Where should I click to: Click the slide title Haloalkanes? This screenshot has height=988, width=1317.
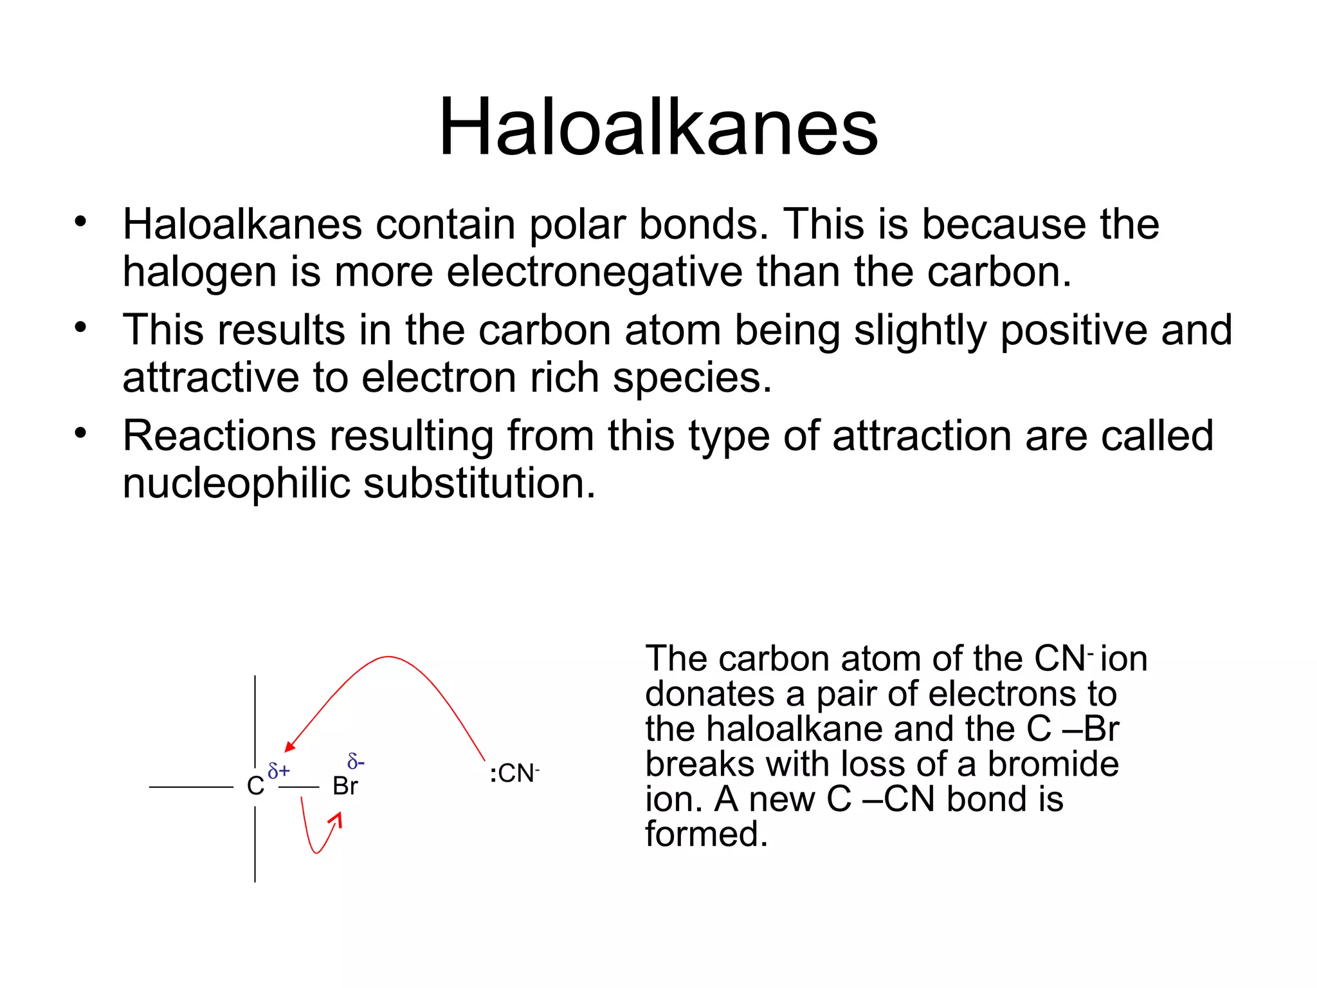click(x=658, y=127)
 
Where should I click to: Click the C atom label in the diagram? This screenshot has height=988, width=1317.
click(x=255, y=786)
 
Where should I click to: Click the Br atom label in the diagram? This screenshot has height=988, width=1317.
click(x=345, y=786)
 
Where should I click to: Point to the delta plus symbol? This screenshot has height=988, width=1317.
click(x=278, y=771)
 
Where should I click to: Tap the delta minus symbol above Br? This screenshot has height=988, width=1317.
click(x=356, y=762)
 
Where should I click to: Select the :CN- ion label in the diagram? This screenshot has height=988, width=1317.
click(x=514, y=773)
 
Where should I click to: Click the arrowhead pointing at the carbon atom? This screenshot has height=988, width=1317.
click(x=289, y=746)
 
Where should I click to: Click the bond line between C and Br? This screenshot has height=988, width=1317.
click(x=299, y=787)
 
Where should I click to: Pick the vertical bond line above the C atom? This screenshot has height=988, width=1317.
click(x=255, y=720)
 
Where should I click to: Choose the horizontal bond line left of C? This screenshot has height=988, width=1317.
click(x=191, y=787)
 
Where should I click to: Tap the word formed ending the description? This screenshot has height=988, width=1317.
click(x=706, y=834)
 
